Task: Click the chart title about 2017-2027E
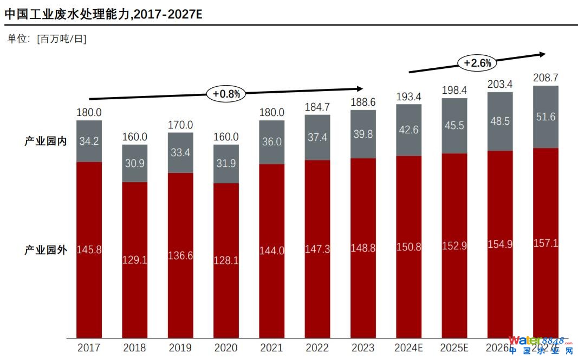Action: pyautogui.click(x=103, y=14)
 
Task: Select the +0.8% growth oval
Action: pyautogui.click(x=226, y=93)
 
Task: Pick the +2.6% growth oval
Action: pyautogui.click(x=477, y=63)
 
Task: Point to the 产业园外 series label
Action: pyautogui.click(x=46, y=250)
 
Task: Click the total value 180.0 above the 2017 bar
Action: pyautogui.click(x=89, y=113)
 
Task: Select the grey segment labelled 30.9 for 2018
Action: pyautogui.click(x=134, y=163)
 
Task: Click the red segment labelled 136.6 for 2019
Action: pyautogui.click(x=180, y=255)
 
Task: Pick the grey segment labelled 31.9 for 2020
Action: pyautogui.click(x=226, y=164)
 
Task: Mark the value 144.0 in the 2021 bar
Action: pyautogui.click(x=272, y=250)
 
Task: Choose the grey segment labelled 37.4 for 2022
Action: pyautogui.click(x=317, y=138)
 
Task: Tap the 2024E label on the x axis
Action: pyautogui.click(x=408, y=348)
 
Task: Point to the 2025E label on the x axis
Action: pyautogui.click(x=454, y=348)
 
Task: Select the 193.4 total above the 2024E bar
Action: pyautogui.click(x=408, y=97)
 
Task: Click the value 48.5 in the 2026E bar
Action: pyautogui.click(x=500, y=121)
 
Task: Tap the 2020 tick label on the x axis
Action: pyautogui.click(x=226, y=348)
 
